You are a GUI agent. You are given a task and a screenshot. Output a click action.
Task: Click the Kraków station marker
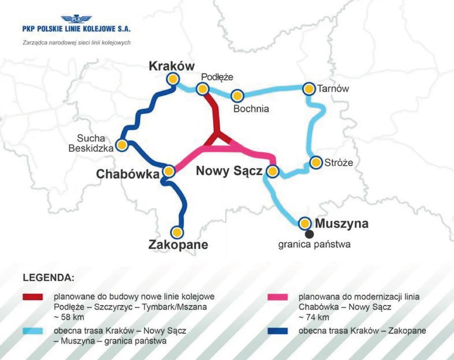click(x=173, y=79)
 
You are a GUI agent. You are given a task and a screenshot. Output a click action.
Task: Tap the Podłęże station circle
click(x=202, y=89)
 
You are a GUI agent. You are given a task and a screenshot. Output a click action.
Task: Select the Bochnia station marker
click(x=237, y=96)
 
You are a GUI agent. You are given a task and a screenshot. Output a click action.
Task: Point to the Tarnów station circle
click(x=309, y=89)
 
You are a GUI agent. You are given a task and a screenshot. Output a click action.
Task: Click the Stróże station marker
click(x=316, y=162)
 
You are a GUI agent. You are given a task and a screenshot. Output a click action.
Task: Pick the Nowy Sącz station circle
click(x=272, y=171)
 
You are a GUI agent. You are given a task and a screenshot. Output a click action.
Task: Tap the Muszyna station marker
click(x=305, y=223)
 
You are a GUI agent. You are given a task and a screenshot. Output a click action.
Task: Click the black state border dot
click(x=309, y=234)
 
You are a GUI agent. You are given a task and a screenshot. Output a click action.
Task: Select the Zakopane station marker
click(x=177, y=232)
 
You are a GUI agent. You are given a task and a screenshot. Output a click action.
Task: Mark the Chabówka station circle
click(x=169, y=171)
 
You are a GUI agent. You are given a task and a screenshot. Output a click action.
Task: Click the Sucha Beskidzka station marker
click(x=122, y=145)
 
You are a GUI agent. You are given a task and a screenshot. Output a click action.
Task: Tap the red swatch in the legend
click(x=33, y=297)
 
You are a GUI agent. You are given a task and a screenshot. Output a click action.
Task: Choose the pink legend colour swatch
click(x=278, y=297)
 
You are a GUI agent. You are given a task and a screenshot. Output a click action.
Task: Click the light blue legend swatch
click(x=33, y=331)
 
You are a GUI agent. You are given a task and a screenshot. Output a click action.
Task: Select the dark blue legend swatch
click(x=278, y=331)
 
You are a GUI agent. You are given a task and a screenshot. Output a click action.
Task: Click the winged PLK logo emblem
click(x=76, y=19)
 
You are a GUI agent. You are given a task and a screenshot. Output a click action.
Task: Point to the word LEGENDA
click(x=49, y=278)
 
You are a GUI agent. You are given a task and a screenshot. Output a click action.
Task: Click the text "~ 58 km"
click(x=69, y=317)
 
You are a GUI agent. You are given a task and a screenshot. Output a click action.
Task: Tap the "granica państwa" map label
click(x=314, y=244)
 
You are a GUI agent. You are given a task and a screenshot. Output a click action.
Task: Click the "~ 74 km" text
click(x=314, y=317)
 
